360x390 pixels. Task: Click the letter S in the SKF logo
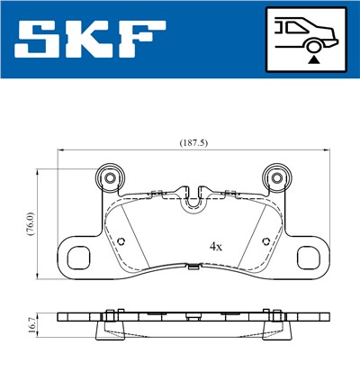(x=40, y=40)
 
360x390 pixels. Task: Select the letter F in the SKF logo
(x=142, y=40)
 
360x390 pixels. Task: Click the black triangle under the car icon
(x=313, y=59)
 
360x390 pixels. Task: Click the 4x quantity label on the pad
(x=216, y=245)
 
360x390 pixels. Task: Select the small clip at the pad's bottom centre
(x=193, y=267)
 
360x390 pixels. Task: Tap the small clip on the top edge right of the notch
(x=227, y=191)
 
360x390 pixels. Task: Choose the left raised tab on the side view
(x=111, y=313)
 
